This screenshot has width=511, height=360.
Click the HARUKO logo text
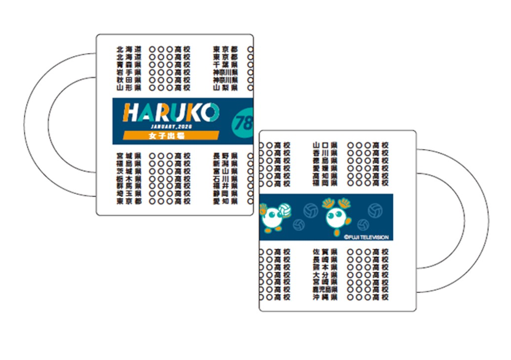tap(171, 113)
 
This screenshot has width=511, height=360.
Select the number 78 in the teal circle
tap(244, 122)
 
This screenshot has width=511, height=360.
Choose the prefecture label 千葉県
tap(225, 65)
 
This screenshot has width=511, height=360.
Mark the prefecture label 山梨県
tap(225, 88)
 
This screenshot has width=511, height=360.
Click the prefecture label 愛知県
tap(225, 201)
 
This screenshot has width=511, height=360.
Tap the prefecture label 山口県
tap(325, 145)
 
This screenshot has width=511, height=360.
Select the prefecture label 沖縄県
tap(325, 297)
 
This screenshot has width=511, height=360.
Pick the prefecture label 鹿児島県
tap(325, 289)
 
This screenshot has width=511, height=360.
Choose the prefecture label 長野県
tap(225, 156)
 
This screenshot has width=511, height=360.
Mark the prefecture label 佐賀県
tap(325, 252)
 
